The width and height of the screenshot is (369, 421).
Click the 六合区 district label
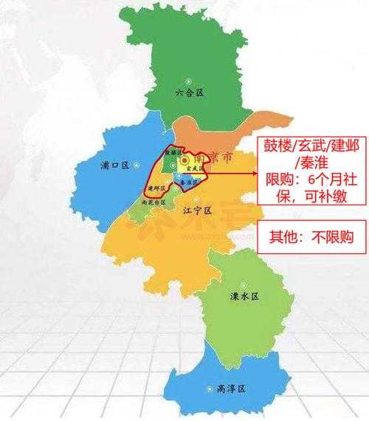click(190, 93)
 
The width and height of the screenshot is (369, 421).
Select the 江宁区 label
click(195, 210)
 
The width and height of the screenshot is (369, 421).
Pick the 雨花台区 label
click(153, 202)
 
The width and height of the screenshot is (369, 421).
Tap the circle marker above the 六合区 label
click(190, 78)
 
